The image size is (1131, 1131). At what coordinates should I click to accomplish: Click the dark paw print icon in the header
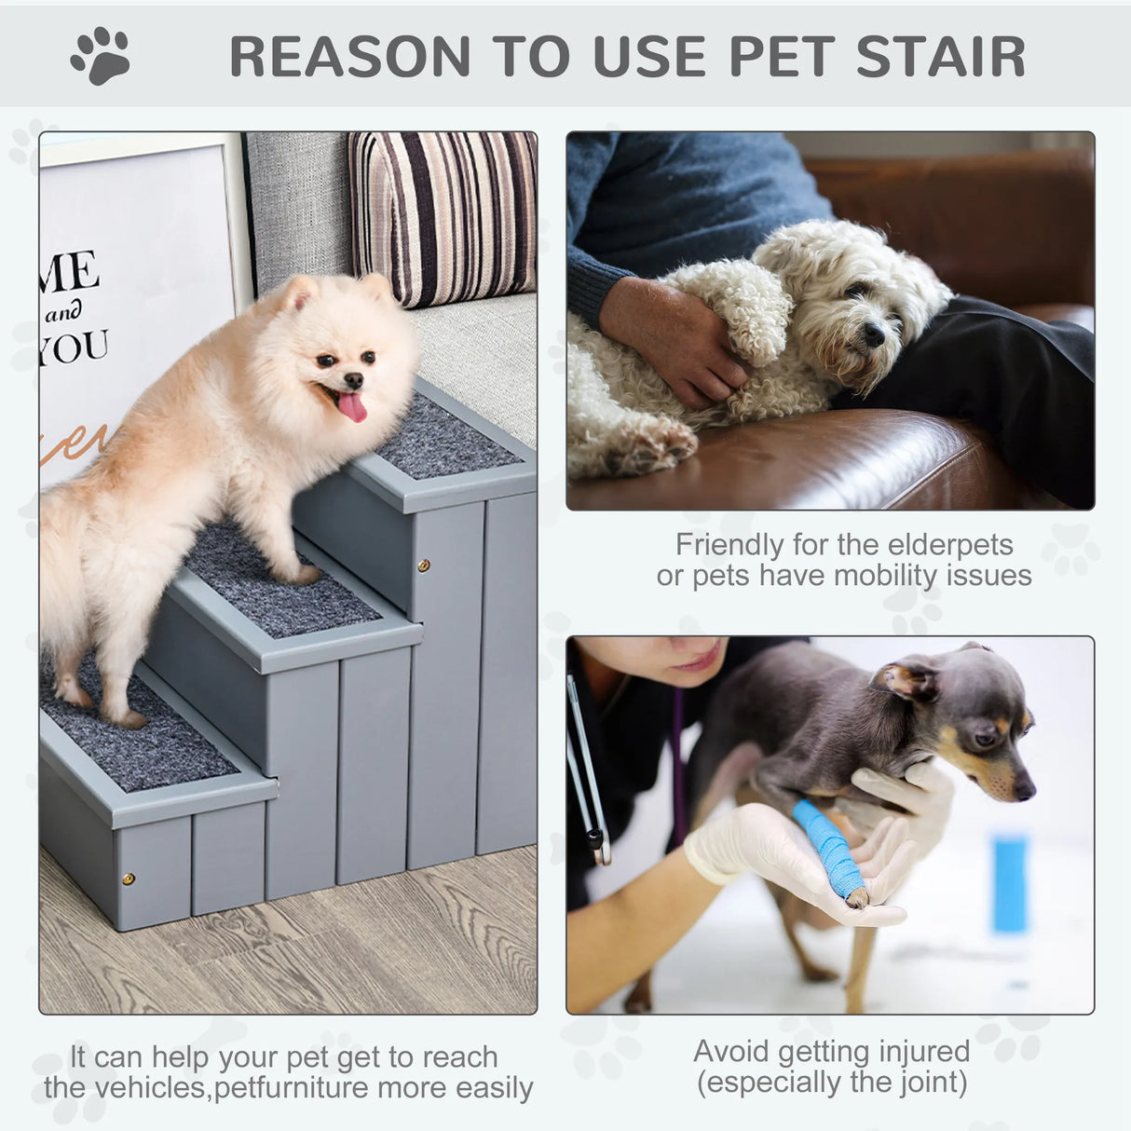click(x=101, y=56)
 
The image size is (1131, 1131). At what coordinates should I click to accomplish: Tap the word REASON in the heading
click(x=350, y=57)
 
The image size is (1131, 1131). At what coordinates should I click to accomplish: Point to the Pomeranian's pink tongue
click(x=352, y=407)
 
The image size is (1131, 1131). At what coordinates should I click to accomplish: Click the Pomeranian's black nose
click(x=353, y=380)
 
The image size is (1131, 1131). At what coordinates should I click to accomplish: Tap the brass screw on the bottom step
click(x=129, y=879)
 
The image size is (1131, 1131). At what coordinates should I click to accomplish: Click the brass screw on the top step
click(x=424, y=565)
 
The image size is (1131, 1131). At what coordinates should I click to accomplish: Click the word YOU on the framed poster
click(x=75, y=348)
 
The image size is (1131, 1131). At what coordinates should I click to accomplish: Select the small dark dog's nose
click(x=1024, y=790)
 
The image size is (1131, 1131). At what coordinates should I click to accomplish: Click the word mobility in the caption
click(x=886, y=576)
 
